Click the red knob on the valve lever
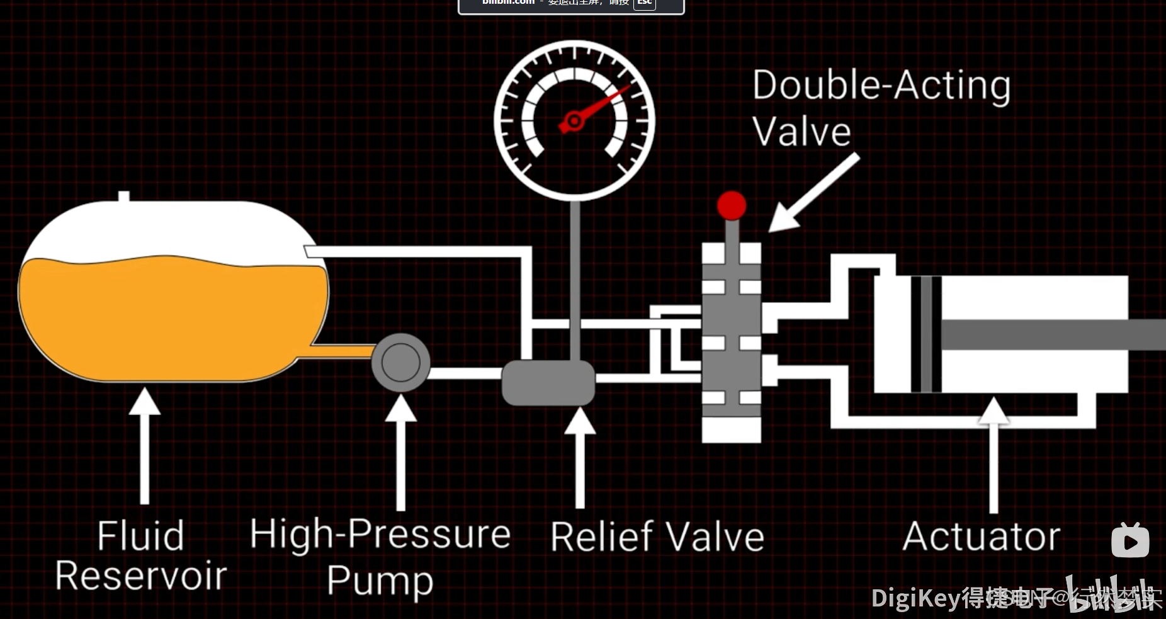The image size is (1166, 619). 731,205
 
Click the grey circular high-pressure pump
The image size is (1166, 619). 400,362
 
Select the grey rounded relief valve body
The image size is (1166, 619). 548,382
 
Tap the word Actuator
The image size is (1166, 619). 981,537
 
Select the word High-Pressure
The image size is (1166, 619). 380,534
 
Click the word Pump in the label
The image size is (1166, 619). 380,580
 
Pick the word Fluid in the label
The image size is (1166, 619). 140,536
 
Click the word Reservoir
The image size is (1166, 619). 140,576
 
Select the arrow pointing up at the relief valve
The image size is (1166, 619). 579,457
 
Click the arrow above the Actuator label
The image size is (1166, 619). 993,453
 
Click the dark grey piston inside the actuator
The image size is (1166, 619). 925,334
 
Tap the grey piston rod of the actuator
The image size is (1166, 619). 1051,334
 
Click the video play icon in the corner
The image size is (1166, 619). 1130,541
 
